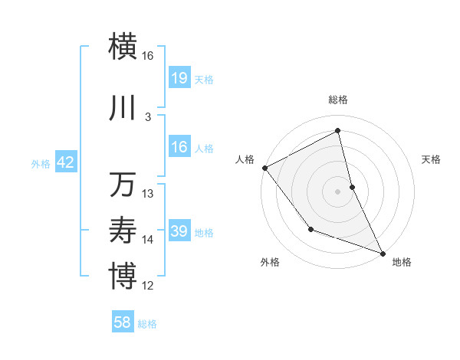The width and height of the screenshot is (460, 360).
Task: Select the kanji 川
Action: tap(123, 109)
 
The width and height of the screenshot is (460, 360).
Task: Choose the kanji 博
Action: tap(123, 275)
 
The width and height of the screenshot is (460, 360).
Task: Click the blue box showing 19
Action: tap(179, 78)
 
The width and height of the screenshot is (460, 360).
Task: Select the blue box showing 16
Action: tap(179, 147)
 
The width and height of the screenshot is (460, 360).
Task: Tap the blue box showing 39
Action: tap(179, 231)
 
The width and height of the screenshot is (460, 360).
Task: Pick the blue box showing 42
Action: tap(65, 162)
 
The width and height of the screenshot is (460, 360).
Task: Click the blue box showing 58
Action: tap(123, 322)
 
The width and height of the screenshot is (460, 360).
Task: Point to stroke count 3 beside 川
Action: tap(148, 117)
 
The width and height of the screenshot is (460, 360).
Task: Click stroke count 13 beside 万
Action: tap(148, 194)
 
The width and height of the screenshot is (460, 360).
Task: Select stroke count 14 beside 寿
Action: tap(148, 240)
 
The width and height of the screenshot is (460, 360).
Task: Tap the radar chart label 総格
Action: tap(338, 100)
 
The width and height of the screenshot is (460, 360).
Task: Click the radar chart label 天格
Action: tap(432, 159)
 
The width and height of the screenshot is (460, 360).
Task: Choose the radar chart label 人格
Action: tap(245, 159)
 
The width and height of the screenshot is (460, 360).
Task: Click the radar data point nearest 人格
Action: tap(264, 168)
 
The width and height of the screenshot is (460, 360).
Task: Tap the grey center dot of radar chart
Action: tap(338, 191)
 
